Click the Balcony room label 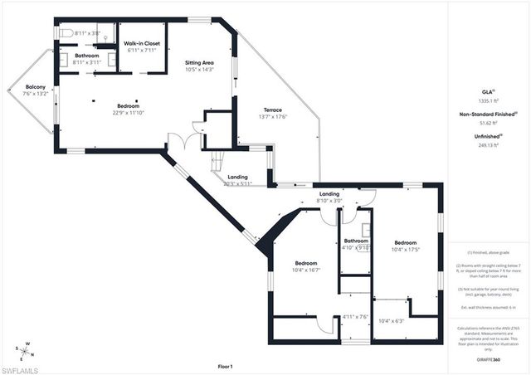(35, 86)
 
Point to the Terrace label (273, 110)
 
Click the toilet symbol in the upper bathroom (67, 33)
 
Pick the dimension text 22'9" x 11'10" (128, 114)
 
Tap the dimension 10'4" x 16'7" (305, 270)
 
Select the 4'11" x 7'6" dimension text (355, 316)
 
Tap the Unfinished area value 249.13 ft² (488, 144)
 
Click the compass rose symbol (25, 349)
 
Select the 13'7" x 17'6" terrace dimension (273, 117)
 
